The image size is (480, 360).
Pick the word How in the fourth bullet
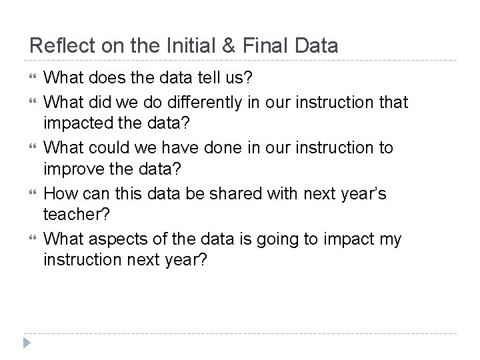tap(59, 193)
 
